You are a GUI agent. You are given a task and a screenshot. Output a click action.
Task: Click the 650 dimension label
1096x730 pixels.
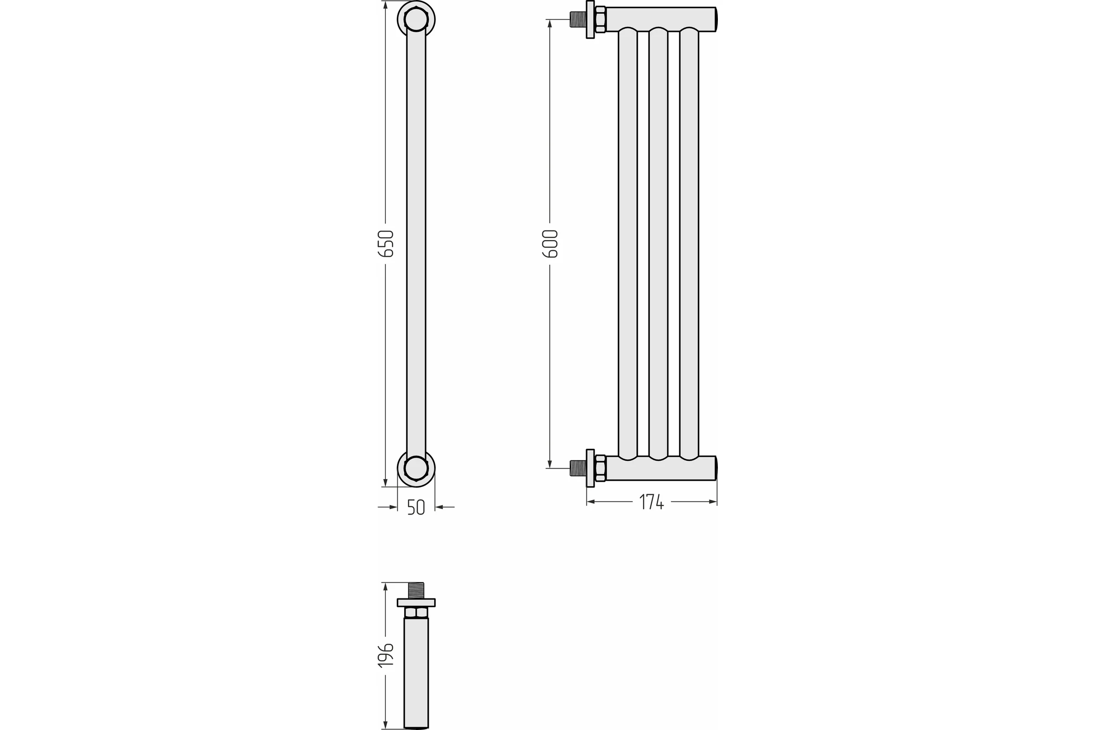[x=386, y=244]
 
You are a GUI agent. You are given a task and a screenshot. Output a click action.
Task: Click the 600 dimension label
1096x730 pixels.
[x=550, y=244]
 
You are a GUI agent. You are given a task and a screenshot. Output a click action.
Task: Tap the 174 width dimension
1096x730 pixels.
[x=652, y=502]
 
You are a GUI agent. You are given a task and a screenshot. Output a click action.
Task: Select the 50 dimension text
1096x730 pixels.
[x=416, y=507]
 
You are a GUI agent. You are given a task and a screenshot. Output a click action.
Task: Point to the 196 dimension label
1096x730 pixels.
[x=386, y=656]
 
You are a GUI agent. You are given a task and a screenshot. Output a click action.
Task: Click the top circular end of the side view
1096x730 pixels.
[x=416, y=20]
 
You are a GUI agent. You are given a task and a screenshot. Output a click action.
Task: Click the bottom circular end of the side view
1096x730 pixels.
[x=416, y=468]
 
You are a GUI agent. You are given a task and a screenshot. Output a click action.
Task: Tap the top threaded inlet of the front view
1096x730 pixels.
[x=578, y=20]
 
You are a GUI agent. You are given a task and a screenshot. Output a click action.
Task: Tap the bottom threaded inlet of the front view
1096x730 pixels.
[x=578, y=468]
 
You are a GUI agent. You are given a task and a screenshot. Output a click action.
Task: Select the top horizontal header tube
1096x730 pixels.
[x=661, y=20]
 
